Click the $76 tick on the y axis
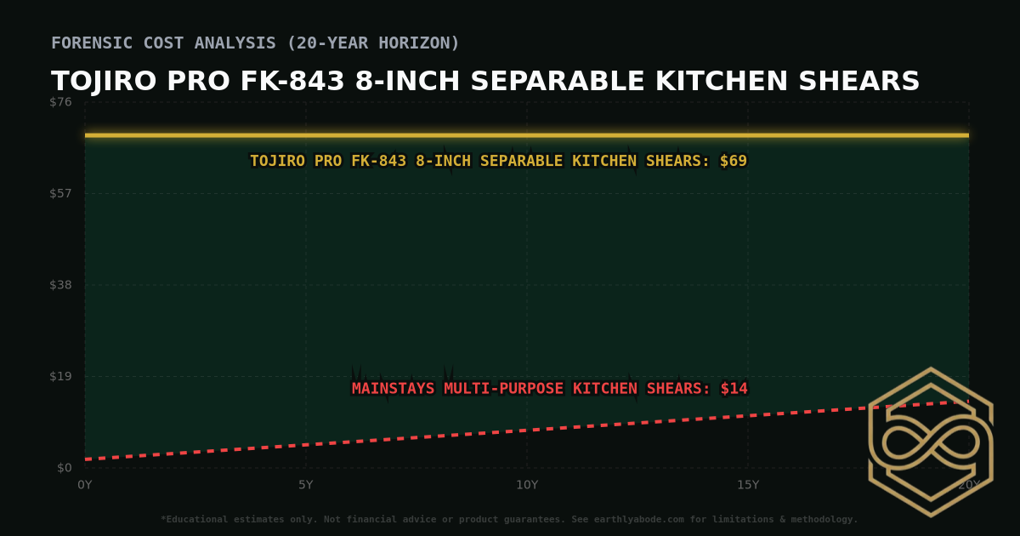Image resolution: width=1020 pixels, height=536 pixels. [x=61, y=102]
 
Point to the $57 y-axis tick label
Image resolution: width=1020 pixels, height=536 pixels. [x=61, y=193]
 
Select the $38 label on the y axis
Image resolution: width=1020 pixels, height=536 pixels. [x=61, y=285]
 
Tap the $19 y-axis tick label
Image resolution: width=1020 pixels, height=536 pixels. [x=61, y=376]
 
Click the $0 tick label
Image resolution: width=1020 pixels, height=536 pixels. [x=65, y=468]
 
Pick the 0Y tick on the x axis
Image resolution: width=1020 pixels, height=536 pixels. [x=85, y=485]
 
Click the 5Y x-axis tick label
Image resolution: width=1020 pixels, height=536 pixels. [x=306, y=485]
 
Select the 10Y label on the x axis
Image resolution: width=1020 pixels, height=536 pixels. [x=527, y=485]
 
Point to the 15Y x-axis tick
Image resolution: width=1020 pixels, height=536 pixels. [x=748, y=485]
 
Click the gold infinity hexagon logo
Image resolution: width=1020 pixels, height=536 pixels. [x=931, y=442]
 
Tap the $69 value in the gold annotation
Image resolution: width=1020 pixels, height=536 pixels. [x=733, y=161]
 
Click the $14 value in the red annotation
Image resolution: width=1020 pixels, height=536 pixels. [x=734, y=389]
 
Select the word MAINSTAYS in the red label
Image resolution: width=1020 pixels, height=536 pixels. [x=393, y=389]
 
